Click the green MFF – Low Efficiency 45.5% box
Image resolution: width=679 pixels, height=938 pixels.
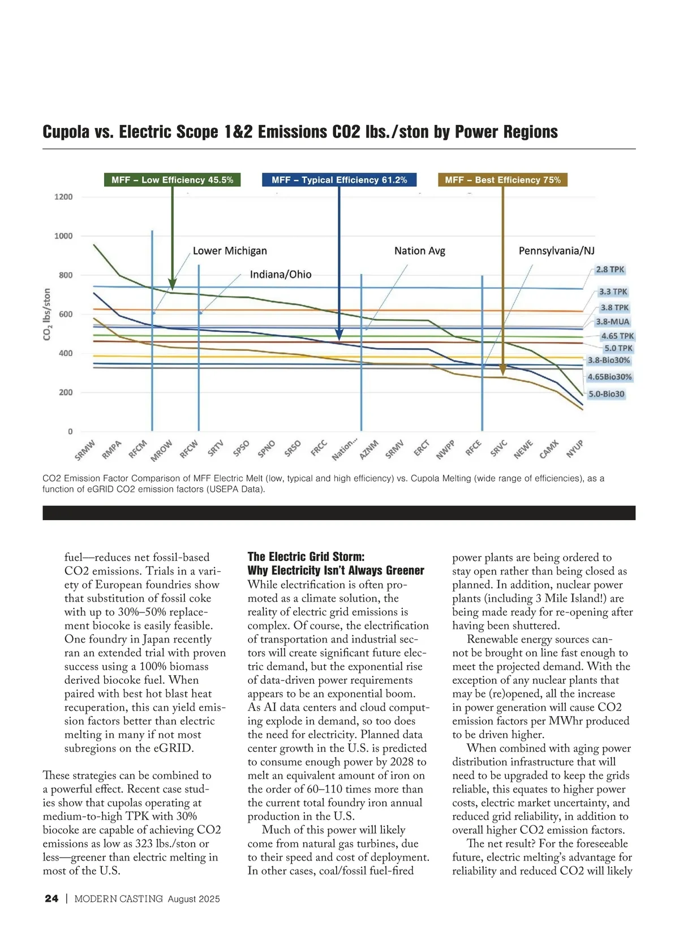(172, 180)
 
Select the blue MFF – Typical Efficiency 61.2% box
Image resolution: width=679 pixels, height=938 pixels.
(339, 180)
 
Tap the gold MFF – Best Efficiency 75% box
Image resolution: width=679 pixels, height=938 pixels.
(502, 180)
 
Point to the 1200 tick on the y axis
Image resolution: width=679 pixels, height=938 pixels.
(63, 197)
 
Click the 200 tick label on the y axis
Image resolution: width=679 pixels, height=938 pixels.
(66, 392)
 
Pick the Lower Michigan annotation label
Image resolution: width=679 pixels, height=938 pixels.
(230, 251)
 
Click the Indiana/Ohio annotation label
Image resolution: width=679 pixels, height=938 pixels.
(281, 275)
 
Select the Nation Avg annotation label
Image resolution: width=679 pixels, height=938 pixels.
(420, 251)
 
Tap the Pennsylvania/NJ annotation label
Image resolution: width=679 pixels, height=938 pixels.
(556, 251)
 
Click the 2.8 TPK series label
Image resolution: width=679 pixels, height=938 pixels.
(610, 269)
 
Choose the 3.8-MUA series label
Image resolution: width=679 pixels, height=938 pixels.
(612, 322)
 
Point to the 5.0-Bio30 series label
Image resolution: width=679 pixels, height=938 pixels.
(607, 394)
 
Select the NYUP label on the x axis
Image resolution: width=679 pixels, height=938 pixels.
(574, 449)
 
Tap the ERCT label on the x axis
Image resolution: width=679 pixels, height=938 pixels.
(422, 448)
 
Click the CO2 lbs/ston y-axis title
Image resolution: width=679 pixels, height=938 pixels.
(47, 315)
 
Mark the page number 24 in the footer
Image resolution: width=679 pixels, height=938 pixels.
(51, 899)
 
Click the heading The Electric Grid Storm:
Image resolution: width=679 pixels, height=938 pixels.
(306, 556)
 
